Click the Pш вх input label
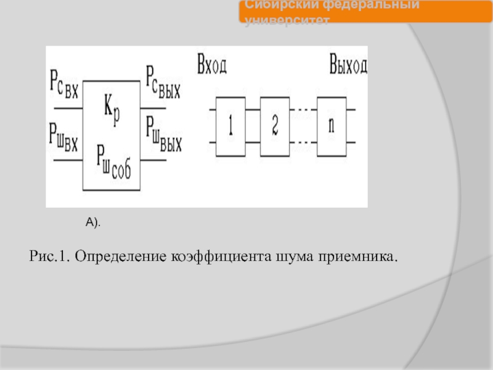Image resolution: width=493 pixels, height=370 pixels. coord(63,133)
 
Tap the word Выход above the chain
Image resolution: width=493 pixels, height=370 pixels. coord(348,65)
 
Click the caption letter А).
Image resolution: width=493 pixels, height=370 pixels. coord(92,221)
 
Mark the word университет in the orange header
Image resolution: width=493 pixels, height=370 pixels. coord(287,20)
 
